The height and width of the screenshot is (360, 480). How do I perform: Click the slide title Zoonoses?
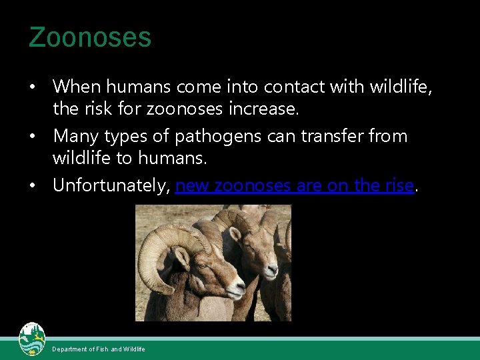click(x=90, y=37)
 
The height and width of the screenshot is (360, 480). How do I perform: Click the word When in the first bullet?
click(x=75, y=87)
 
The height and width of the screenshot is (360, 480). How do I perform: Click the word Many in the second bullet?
click(x=73, y=136)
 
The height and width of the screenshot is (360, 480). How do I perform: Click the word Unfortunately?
click(x=111, y=185)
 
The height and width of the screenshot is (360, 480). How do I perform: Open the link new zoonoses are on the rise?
click(x=295, y=185)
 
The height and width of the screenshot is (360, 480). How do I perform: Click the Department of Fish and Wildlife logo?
click(x=31, y=340)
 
